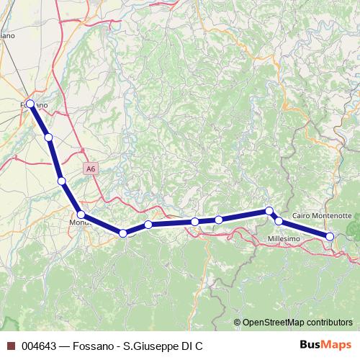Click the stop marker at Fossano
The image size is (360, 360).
(x=30, y=104)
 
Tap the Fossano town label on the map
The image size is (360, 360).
(x=36, y=105)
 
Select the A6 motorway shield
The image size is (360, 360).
(x=89, y=168)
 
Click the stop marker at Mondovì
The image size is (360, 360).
(x=81, y=215)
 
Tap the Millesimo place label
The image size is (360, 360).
(x=276, y=238)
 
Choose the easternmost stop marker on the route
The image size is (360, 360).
(x=330, y=236)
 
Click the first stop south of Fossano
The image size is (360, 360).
(x=48, y=137)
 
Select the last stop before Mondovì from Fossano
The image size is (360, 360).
(x=62, y=181)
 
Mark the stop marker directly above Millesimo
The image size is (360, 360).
(x=279, y=221)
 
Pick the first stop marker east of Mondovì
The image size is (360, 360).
(x=123, y=233)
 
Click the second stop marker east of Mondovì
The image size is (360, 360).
(x=148, y=225)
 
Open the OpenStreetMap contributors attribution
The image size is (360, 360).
(x=297, y=323)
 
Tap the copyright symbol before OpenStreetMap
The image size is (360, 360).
(x=238, y=323)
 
